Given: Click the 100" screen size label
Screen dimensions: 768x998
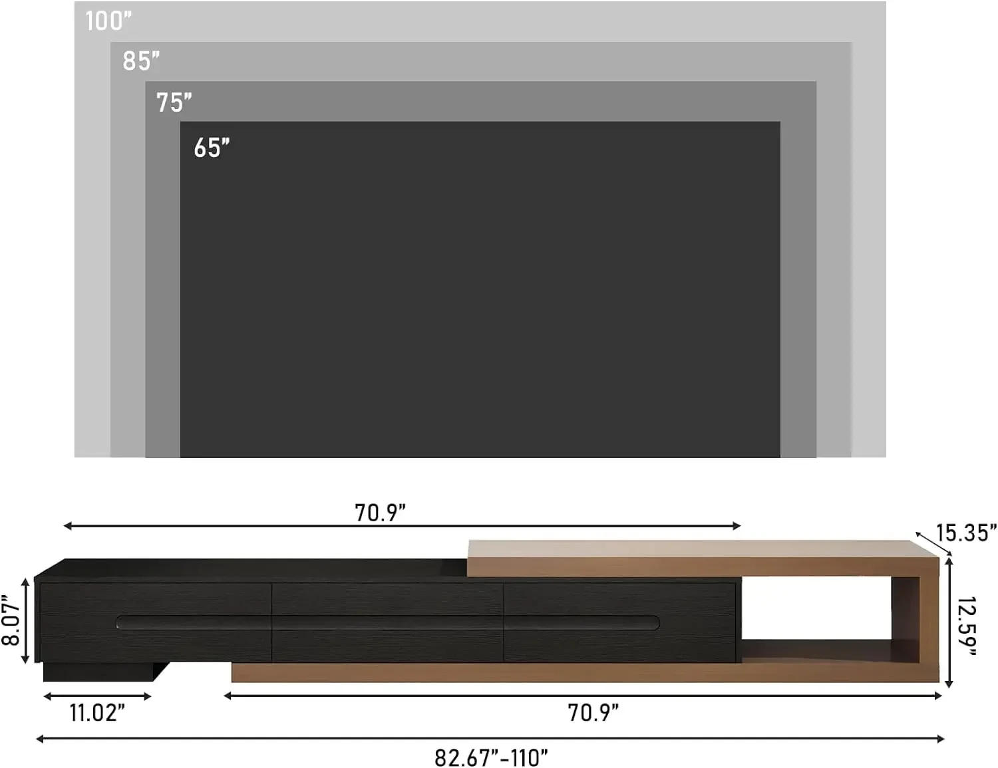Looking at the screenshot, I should [x=108, y=21].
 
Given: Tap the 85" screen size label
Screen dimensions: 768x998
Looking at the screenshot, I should [x=141, y=61].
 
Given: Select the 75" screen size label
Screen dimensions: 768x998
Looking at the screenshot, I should [x=174, y=103].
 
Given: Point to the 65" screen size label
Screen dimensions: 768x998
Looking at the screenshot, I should [x=212, y=148].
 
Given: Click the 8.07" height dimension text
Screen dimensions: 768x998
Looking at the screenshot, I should [x=11, y=620].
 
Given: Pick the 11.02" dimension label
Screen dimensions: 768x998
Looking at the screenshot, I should [x=97, y=713].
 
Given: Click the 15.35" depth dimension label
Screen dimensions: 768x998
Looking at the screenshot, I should [x=965, y=533].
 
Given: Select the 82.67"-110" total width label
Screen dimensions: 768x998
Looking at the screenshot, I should [x=491, y=757].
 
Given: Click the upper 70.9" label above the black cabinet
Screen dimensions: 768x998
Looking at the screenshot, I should [x=380, y=513].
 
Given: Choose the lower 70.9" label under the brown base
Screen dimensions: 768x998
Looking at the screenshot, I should [x=593, y=713].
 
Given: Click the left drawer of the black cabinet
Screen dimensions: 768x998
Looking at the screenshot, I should [x=155, y=622].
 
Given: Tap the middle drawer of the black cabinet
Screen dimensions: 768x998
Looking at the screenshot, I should [x=387, y=622].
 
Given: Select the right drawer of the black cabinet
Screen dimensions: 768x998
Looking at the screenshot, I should [x=619, y=622].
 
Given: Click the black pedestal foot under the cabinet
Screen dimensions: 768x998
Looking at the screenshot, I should [x=100, y=672].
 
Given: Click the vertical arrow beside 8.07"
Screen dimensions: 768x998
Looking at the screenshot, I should [x=26, y=620].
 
